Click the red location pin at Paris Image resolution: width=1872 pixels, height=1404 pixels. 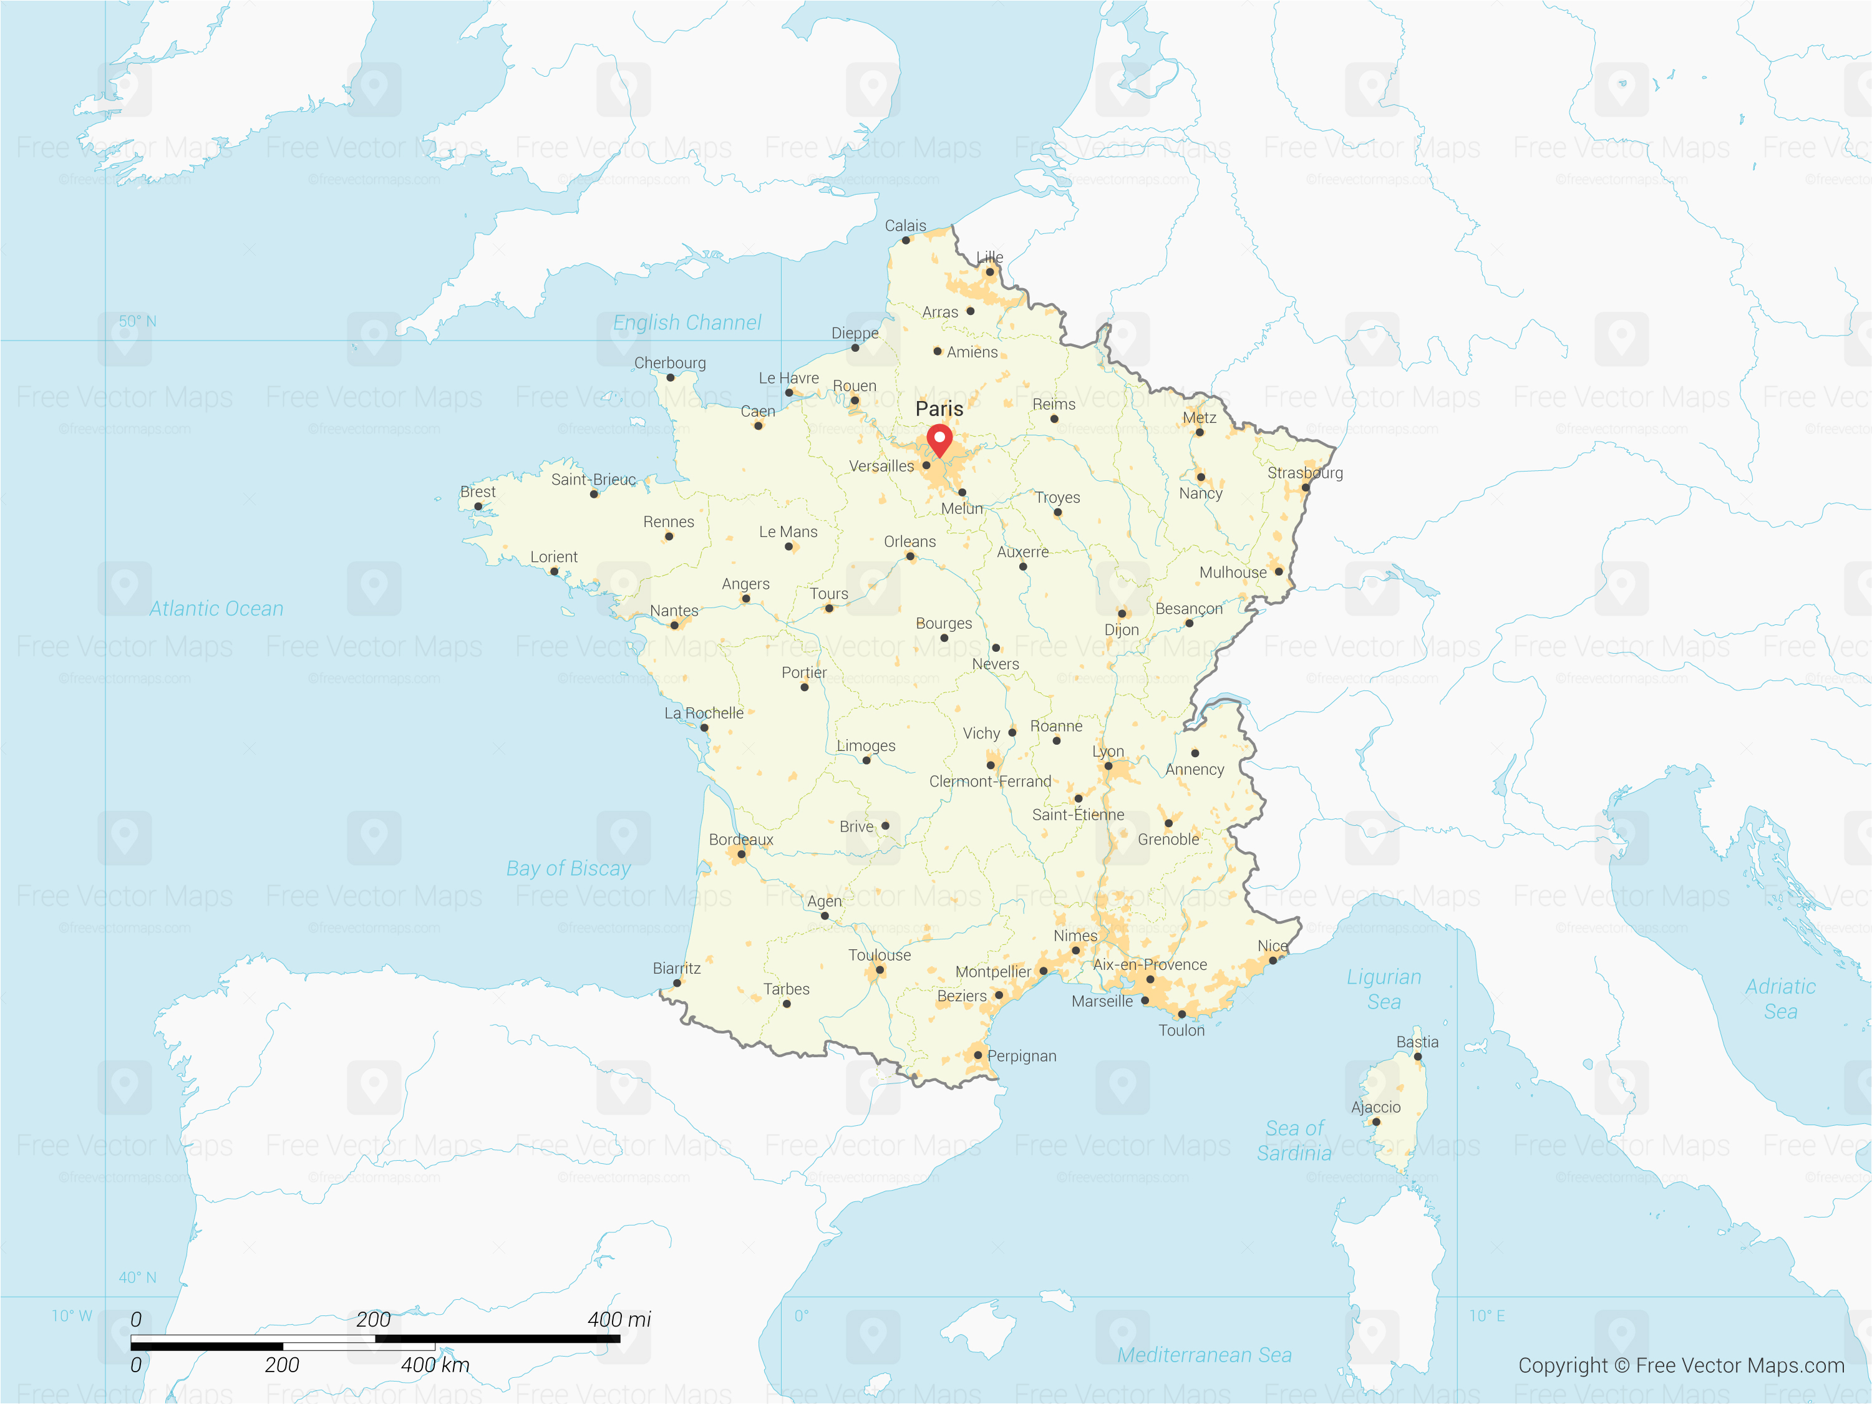pyautogui.click(x=939, y=439)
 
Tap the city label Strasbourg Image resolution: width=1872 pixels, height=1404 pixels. pyautogui.click(x=1304, y=472)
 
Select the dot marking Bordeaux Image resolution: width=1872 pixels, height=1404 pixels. pyautogui.click(x=741, y=854)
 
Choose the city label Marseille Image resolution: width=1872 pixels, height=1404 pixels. pyautogui.click(x=1102, y=1001)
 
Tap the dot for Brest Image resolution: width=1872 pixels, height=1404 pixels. pyautogui.click(x=478, y=506)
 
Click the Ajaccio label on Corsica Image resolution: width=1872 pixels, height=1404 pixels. pyautogui.click(x=1375, y=1107)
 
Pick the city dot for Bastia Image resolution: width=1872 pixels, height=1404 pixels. pyautogui.click(x=1417, y=1056)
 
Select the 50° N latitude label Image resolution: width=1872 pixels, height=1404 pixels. pyautogui.click(x=137, y=322)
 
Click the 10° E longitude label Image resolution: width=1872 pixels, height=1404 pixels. pyautogui.click(x=1487, y=1316)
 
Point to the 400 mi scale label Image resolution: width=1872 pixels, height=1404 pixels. pyautogui.click(x=619, y=1319)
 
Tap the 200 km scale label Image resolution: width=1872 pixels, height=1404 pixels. pyautogui.click(x=282, y=1365)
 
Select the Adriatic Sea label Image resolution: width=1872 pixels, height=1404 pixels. pyautogui.click(x=1780, y=999)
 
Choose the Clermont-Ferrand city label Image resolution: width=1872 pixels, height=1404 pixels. pyautogui.click(x=990, y=781)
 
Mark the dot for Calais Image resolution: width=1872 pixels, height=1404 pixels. pyautogui.click(x=906, y=240)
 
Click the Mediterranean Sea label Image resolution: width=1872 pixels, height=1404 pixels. pyautogui.click(x=1205, y=1355)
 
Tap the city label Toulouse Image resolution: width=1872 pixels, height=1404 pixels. pyautogui.click(x=880, y=955)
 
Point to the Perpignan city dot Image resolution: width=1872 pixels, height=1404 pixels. pyautogui.click(x=977, y=1055)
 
